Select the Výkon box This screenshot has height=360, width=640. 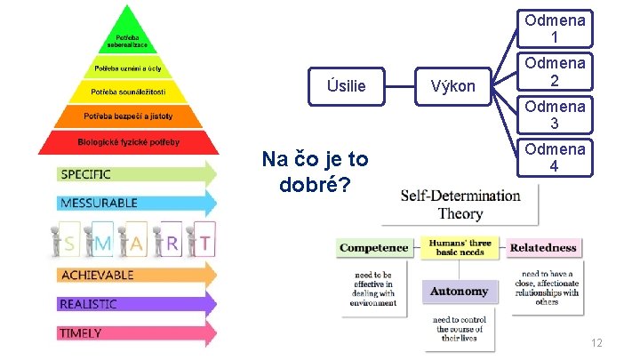(x=452, y=85)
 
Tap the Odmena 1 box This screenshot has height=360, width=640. (x=554, y=28)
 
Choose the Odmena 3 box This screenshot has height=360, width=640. (x=554, y=115)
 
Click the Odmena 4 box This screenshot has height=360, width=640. (x=554, y=157)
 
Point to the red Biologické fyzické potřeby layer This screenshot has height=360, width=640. (x=129, y=142)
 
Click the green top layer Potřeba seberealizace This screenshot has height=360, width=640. (x=129, y=40)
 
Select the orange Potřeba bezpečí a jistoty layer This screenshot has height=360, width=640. (x=129, y=116)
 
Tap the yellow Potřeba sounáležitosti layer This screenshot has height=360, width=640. (x=129, y=92)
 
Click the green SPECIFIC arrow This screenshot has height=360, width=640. (x=133, y=174)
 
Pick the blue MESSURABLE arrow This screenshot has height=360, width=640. (x=133, y=203)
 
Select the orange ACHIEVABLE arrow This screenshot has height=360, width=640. (x=133, y=275)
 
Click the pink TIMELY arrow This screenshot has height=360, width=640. (x=133, y=333)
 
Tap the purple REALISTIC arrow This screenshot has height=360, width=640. (x=133, y=304)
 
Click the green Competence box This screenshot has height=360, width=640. (x=373, y=248)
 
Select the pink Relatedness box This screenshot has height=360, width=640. (x=543, y=248)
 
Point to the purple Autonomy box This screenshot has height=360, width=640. (x=459, y=291)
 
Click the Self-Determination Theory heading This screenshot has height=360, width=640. (x=460, y=204)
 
